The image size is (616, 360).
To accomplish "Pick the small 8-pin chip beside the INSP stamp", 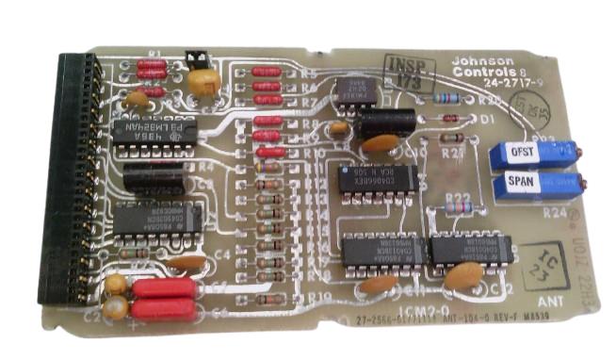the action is click(x=357, y=92).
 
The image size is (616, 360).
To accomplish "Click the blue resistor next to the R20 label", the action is click(x=446, y=97).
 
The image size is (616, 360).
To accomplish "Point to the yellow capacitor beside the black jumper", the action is click(x=204, y=81).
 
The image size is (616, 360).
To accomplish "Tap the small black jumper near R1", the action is click(x=197, y=58).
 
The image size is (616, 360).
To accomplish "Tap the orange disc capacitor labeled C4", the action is click(x=188, y=263).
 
